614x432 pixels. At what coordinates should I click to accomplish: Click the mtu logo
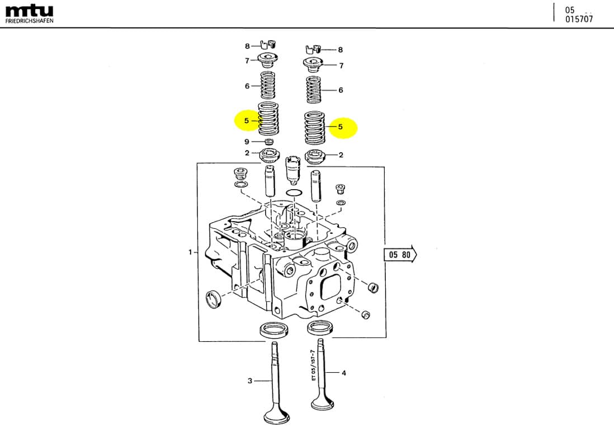coord(30,10)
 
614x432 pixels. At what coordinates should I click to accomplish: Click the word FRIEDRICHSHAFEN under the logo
coord(30,21)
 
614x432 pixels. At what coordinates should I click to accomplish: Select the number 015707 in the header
coord(579,19)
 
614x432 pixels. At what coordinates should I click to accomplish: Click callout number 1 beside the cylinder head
coord(190,252)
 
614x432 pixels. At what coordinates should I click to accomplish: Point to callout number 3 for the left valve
coord(250,381)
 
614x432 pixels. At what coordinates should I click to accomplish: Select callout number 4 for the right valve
coord(344,373)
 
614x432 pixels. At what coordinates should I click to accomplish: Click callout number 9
coord(247,142)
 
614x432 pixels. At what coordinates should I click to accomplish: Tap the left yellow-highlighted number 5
coord(247,120)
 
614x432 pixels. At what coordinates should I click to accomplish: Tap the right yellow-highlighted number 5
coord(341,127)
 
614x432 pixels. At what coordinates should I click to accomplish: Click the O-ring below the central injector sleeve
coord(294,193)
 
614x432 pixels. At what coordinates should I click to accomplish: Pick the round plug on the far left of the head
coord(214,298)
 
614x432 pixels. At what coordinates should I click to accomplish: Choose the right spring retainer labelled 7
coord(314,65)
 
